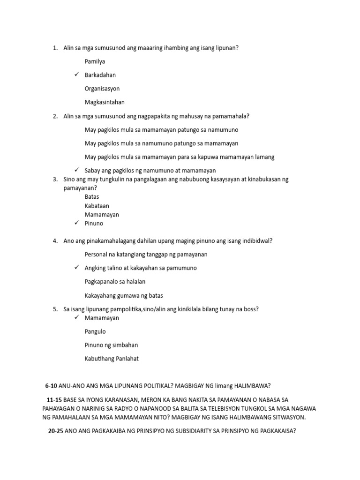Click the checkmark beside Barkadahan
[76, 75]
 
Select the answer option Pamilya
[95, 61]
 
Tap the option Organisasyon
[102, 88]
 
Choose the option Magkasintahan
[105, 102]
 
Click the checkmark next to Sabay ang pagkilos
[76, 170]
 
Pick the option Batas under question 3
[92, 197]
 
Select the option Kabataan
[97, 206]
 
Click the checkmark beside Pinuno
[76, 223]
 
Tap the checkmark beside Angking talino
[76, 268]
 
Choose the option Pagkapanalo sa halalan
[115, 282]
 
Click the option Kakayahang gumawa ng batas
[123, 296]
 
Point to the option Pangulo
[95, 331]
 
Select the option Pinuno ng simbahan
[111, 345]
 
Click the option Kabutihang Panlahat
[112, 359]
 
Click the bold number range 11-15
[55, 400]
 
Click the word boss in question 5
[252, 309]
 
